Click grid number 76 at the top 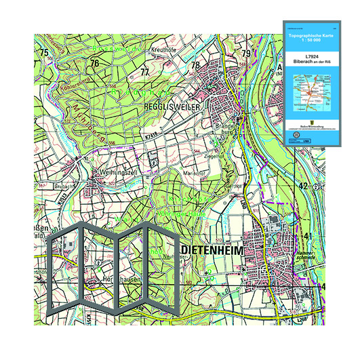[x=95, y=63]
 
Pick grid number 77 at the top [x=144, y=71]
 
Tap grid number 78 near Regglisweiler [x=195, y=66]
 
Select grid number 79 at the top [x=247, y=54]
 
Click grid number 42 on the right [x=304, y=185]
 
